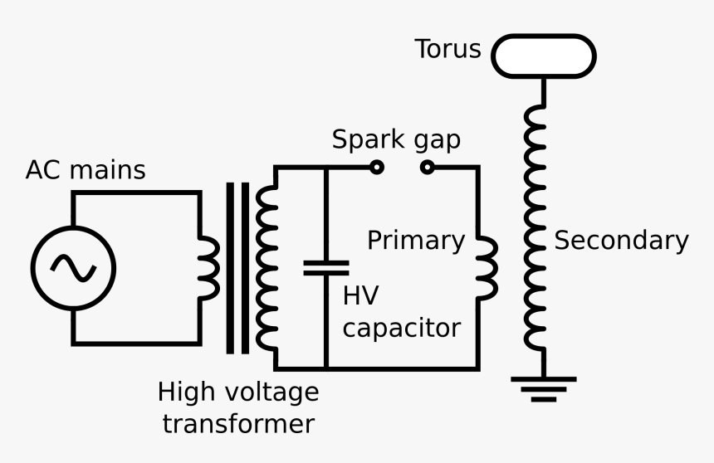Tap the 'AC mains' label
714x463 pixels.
[86, 170]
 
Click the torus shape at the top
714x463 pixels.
[544, 56]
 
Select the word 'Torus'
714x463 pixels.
[448, 49]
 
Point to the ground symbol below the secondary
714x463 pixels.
[544, 387]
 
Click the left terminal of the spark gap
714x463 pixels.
[376, 168]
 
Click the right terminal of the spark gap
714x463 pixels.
[427, 168]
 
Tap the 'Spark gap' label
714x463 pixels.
[396, 139]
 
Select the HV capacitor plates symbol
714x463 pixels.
[325, 266]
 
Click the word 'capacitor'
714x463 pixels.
[401, 328]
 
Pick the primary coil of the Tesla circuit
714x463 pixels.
[487, 267]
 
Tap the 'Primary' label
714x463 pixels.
[416, 240]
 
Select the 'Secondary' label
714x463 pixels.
[621, 240]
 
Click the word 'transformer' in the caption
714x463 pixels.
[237, 424]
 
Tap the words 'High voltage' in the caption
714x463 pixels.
[237, 392]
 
